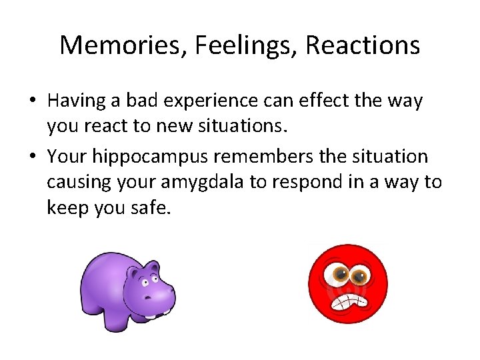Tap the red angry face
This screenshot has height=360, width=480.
(x=347, y=284)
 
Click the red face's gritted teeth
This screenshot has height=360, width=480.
(x=351, y=301)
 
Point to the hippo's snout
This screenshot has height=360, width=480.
(x=159, y=293)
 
